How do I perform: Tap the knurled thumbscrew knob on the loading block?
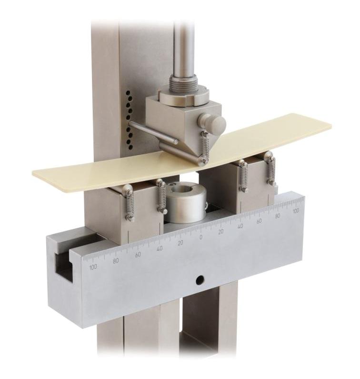212,123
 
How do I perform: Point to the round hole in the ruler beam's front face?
200,280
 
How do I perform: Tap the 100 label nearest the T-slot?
92,267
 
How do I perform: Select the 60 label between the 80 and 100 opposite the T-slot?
260,221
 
